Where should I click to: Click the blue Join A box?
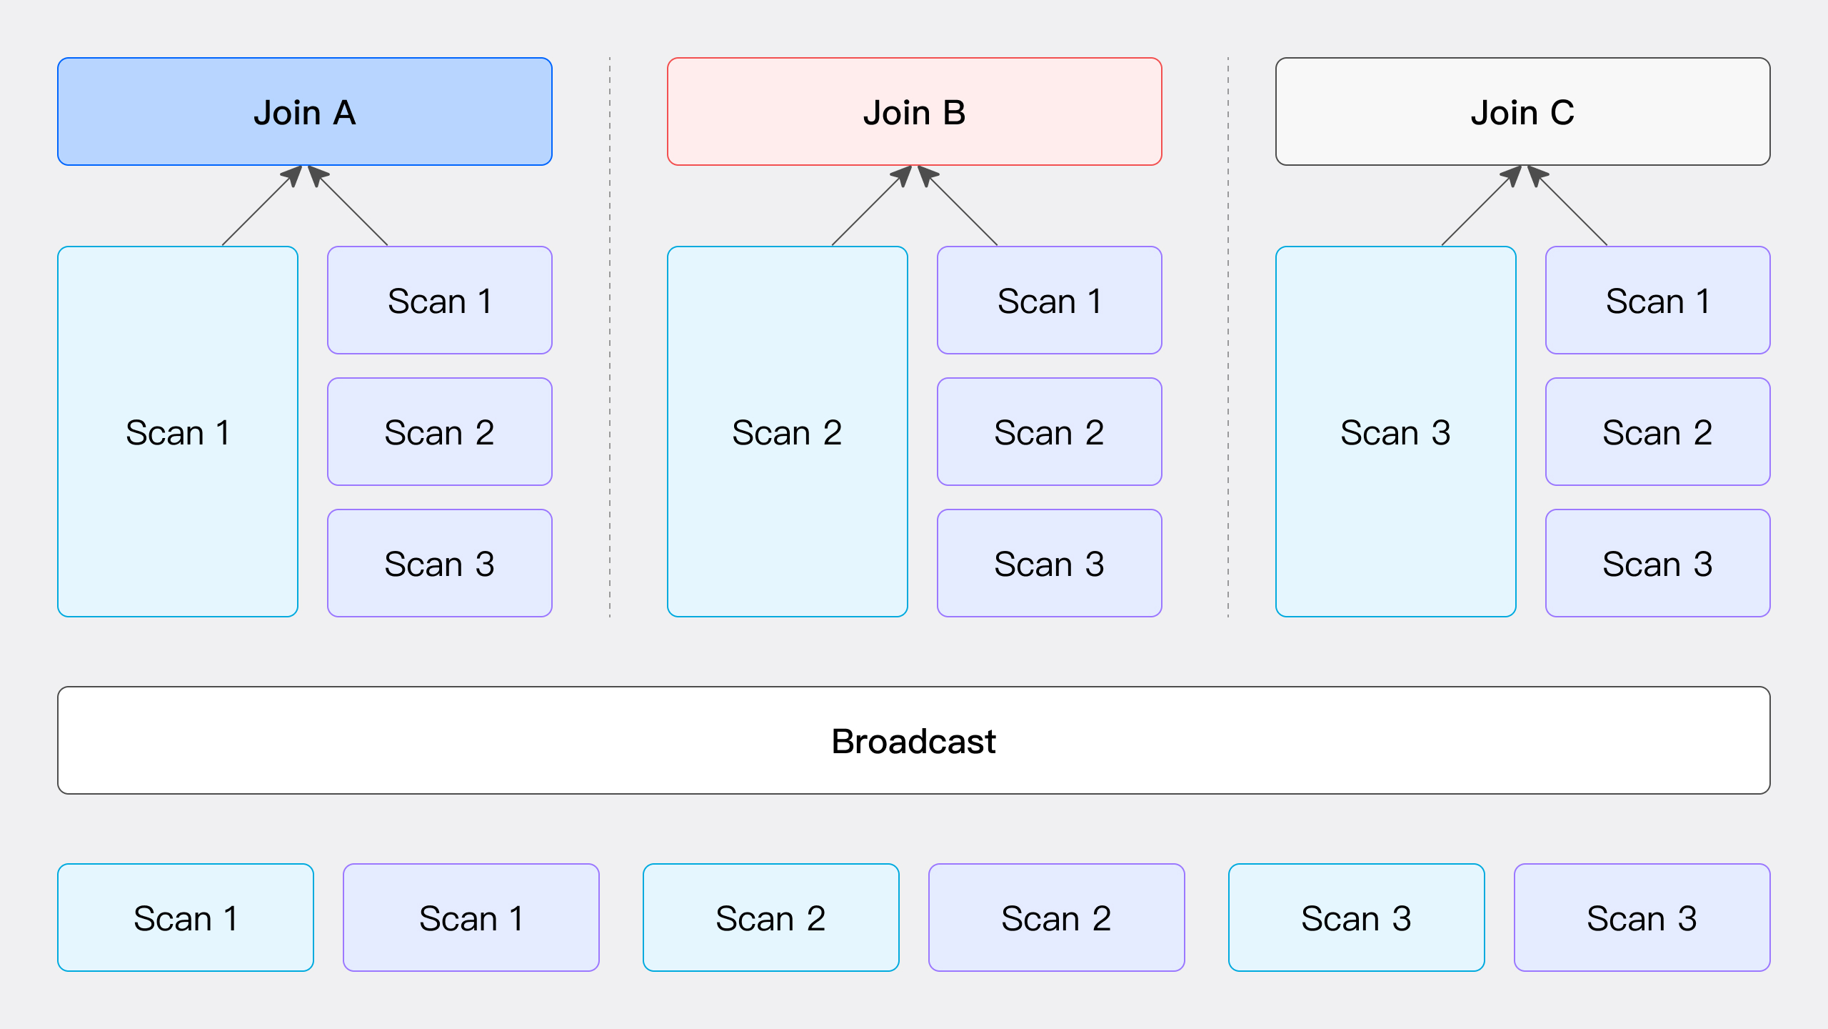coord(305,111)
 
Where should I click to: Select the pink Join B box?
coord(914,111)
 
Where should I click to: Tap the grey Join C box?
coord(1522,111)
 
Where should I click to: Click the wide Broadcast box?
coord(914,740)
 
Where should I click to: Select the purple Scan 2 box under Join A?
coord(439,432)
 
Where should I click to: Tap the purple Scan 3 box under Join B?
coord(1049,563)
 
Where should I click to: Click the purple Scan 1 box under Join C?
coord(1657,300)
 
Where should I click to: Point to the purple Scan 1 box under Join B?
coord(1049,300)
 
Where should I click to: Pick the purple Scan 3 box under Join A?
coord(439,563)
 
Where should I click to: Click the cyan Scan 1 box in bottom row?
coord(186,918)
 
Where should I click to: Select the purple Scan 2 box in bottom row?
coord(1056,918)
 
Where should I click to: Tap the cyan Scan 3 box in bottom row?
coord(1356,918)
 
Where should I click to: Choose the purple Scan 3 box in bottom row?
coord(1642,918)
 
